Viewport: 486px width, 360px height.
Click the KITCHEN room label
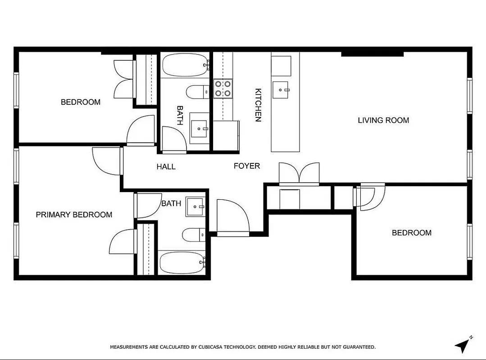pyautogui.click(x=258, y=105)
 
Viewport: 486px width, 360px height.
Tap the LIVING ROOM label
pyautogui.click(x=383, y=120)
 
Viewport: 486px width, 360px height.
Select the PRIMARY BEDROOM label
pyautogui.click(x=74, y=215)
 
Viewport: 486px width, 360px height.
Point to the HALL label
pyautogui.click(x=166, y=167)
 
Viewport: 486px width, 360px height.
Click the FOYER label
pyautogui.click(x=246, y=166)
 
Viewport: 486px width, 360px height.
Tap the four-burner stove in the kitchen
pyautogui.click(x=223, y=88)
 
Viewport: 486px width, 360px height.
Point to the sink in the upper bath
pyautogui.click(x=200, y=129)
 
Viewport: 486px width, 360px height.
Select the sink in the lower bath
pyautogui.click(x=195, y=207)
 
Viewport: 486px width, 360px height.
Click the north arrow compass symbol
pyautogui.click(x=463, y=345)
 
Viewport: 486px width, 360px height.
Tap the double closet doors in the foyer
pyautogui.click(x=299, y=174)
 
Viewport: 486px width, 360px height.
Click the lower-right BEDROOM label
pyautogui.click(x=411, y=233)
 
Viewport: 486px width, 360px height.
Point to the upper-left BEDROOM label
pyautogui.click(x=81, y=102)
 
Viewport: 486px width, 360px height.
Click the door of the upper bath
pyautogui.click(x=173, y=139)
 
